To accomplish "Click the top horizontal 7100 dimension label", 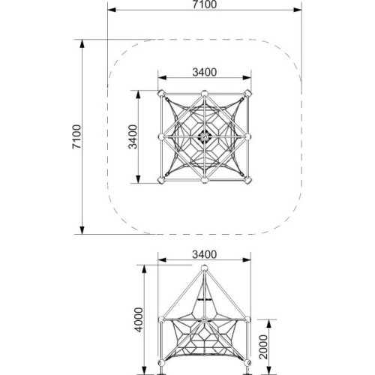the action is [x=205, y=4].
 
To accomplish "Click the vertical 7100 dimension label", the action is [x=76, y=136].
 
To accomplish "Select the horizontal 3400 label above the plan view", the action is [x=205, y=72].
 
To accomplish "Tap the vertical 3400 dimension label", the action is [x=133, y=136].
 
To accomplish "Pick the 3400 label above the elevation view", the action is [x=205, y=254].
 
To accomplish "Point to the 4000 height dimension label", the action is [x=139, y=319].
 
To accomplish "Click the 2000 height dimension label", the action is [x=263, y=347].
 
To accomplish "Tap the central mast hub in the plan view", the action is [x=205, y=136].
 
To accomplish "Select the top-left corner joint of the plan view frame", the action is [x=161, y=94].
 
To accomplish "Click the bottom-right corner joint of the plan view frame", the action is [x=247, y=180].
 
